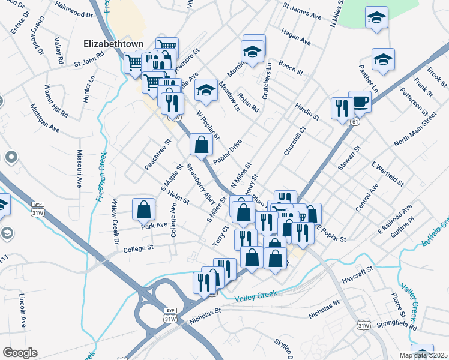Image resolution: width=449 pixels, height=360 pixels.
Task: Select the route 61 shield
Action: point(356,122)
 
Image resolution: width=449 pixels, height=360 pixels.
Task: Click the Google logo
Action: point(20,352)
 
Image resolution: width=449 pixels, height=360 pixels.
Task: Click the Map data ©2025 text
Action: point(423,355)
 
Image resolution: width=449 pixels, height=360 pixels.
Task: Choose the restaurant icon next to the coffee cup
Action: point(340,108)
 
